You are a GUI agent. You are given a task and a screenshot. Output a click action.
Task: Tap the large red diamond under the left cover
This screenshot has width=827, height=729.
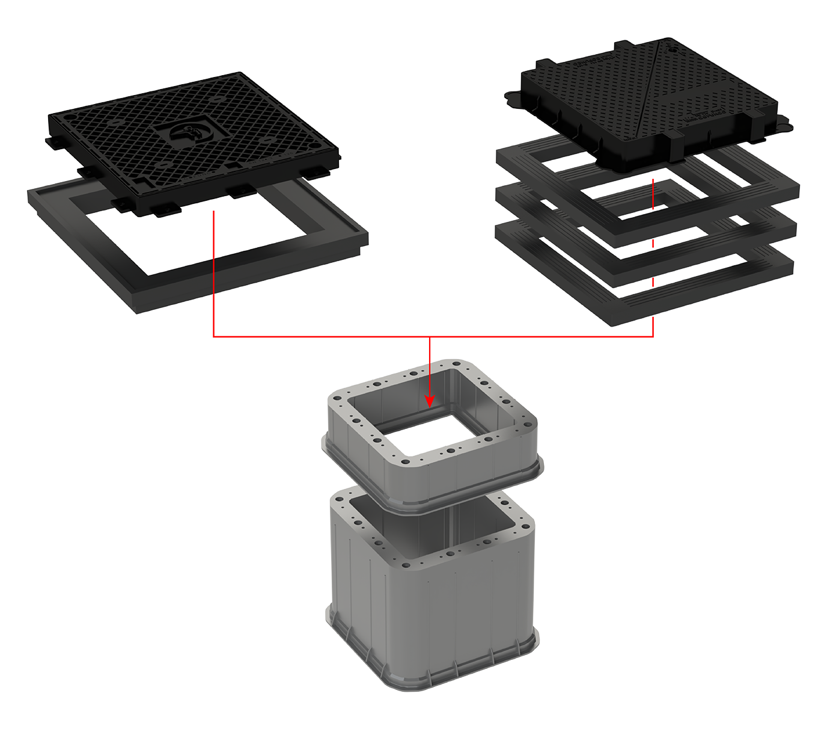[212, 230]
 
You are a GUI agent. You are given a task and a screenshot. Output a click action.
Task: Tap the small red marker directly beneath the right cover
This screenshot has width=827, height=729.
[653, 179]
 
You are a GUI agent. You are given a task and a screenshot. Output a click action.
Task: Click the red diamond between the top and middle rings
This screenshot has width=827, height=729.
[653, 243]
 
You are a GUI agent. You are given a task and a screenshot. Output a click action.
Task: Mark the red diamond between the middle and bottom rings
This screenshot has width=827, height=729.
[653, 282]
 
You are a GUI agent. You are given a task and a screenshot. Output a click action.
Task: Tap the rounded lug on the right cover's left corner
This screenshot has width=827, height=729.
[514, 99]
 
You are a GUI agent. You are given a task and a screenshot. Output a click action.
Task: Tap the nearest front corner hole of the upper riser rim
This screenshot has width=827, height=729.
[405, 462]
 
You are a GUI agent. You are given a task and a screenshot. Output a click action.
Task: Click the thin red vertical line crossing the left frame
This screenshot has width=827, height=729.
[213, 277]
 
